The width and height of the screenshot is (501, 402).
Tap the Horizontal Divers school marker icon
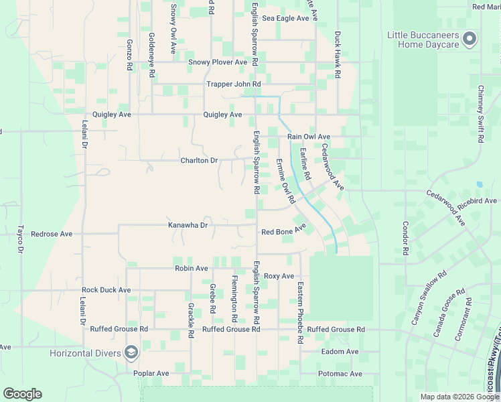pyautogui.click(x=131, y=352)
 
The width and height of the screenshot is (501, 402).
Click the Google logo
pyautogui.click(x=22, y=394)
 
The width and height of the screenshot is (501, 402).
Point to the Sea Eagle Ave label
pyautogui.click(x=285, y=18)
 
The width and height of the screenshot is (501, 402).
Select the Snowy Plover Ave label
pyautogui.click(x=216, y=62)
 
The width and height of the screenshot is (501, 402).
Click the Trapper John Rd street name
pyautogui.click(x=233, y=84)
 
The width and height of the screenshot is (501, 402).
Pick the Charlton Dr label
pyautogui.click(x=199, y=161)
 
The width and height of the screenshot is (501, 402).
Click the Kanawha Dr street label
pyautogui.click(x=188, y=225)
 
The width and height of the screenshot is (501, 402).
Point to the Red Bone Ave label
pyautogui.click(x=283, y=232)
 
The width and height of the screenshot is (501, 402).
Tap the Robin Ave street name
pyautogui.click(x=192, y=268)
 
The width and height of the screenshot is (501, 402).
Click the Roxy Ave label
pyautogui.click(x=279, y=276)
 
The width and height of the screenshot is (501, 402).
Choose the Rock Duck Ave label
pyautogui.click(x=106, y=290)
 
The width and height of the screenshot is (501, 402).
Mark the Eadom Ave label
pyautogui.click(x=340, y=352)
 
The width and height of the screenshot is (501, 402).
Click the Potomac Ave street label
pyautogui.click(x=340, y=374)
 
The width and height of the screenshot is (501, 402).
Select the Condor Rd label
pyautogui.click(x=405, y=239)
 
